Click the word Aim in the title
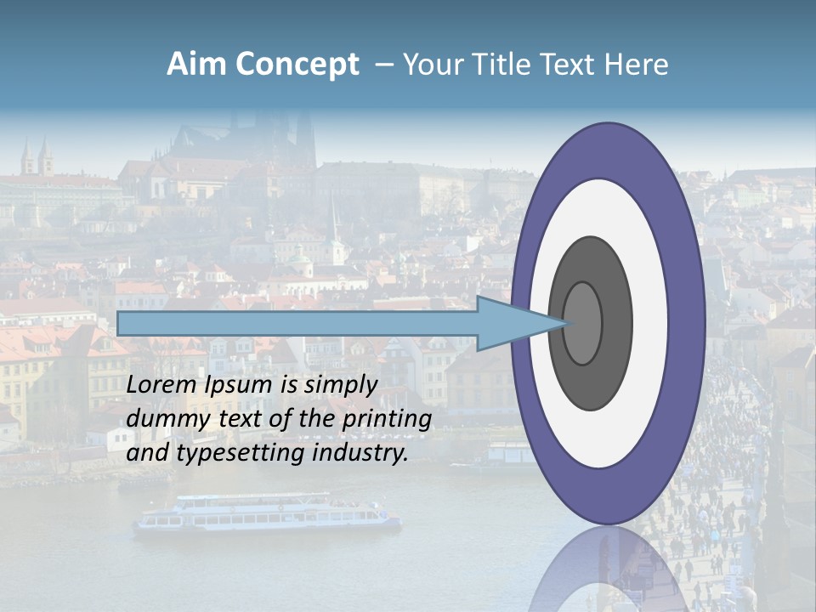[196, 65]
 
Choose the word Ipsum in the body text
[238, 385]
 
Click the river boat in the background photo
[267, 513]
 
